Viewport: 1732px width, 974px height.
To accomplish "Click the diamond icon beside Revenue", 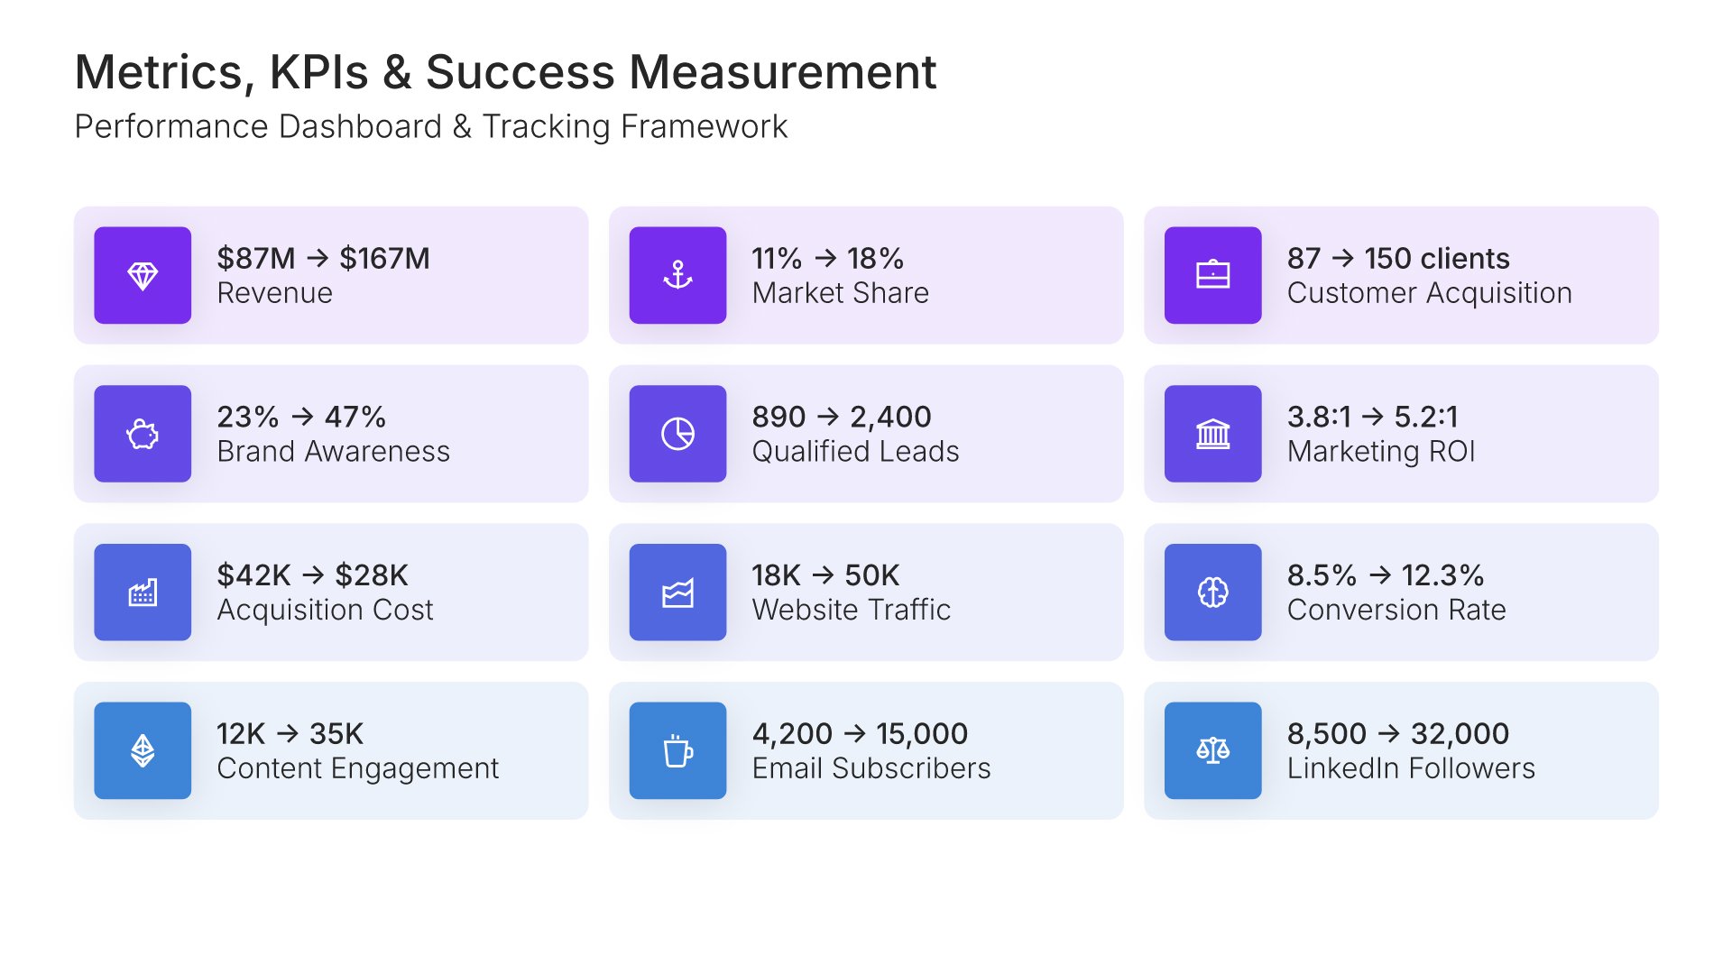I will click(x=143, y=275).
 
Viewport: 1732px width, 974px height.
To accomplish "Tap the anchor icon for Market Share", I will click(x=677, y=275).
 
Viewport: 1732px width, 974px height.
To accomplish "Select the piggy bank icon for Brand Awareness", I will click(x=143, y=434).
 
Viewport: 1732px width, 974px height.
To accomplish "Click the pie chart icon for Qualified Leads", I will click(x=677, y=434).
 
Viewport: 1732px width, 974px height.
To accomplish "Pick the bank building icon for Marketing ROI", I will click(x=1212, y=434).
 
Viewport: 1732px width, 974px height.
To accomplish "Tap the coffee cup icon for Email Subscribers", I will click(x=677, y=750).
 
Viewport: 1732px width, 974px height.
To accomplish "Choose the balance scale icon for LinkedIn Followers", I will click(x=1212, y=750).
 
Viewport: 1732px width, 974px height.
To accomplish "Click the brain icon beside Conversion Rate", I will click(x=1212, y=593).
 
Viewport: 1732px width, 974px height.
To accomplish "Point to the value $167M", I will click(x=384, y=259).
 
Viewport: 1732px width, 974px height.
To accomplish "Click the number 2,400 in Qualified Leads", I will click(x=890, y=417).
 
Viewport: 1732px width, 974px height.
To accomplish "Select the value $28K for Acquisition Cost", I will click(x=371, y=575).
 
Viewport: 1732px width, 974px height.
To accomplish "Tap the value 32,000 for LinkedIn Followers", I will click(x=1460, y=734).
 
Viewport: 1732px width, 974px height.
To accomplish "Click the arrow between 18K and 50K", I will click(x=823, y=575).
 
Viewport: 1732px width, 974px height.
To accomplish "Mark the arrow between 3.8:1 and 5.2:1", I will click(x=1372, y=417).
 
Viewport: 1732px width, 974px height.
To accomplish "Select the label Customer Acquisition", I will click(x=1429, y=293).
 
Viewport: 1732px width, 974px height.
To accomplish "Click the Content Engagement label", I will click(x=357, y=768).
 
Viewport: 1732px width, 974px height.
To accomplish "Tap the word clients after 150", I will click(x=1464, y=259).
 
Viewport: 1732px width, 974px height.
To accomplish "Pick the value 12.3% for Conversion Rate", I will click(x=1442, y=575).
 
